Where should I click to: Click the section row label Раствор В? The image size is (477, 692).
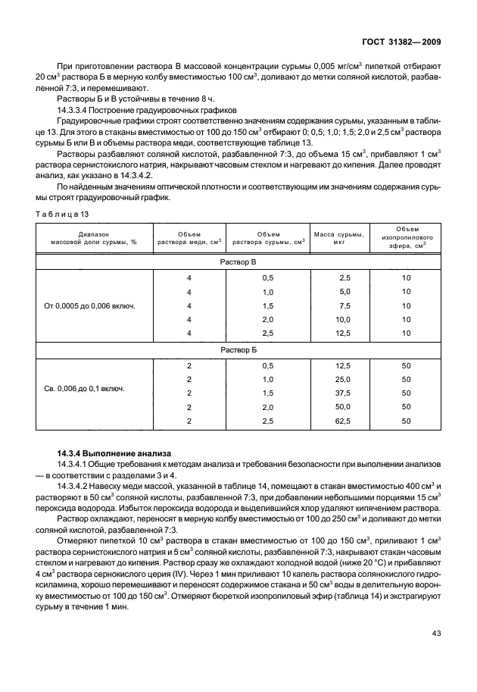coord(238,261)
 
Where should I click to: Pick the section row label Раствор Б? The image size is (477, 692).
coord(238,351)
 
